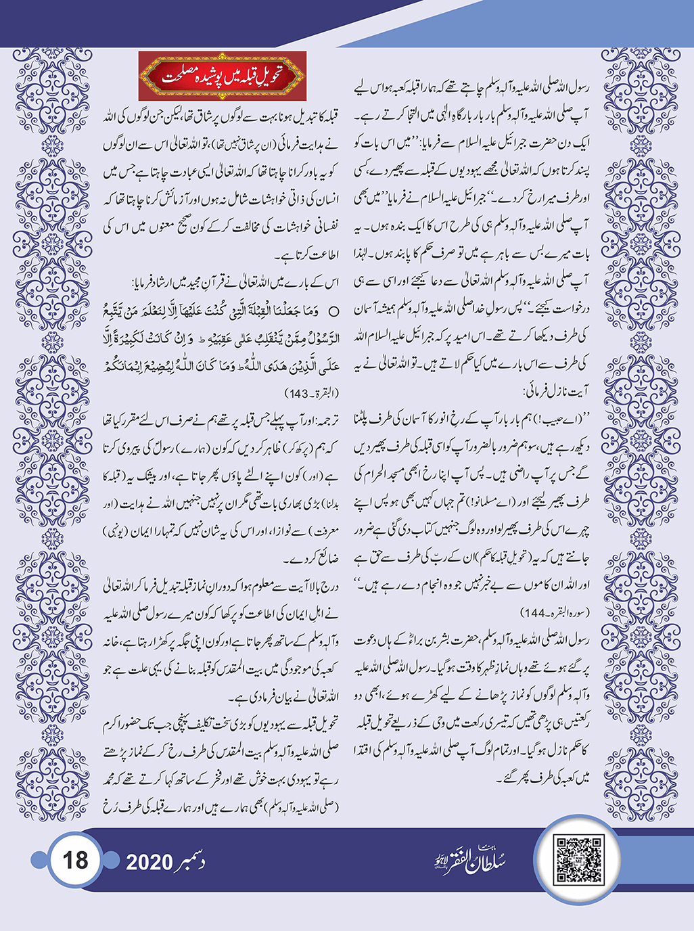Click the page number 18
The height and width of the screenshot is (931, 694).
75,861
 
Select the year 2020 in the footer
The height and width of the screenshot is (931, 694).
149,862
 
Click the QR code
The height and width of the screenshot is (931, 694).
578,859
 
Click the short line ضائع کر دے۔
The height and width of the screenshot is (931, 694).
310,560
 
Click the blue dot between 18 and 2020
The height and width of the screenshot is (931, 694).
112,861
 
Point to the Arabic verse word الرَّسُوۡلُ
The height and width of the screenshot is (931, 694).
321,339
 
